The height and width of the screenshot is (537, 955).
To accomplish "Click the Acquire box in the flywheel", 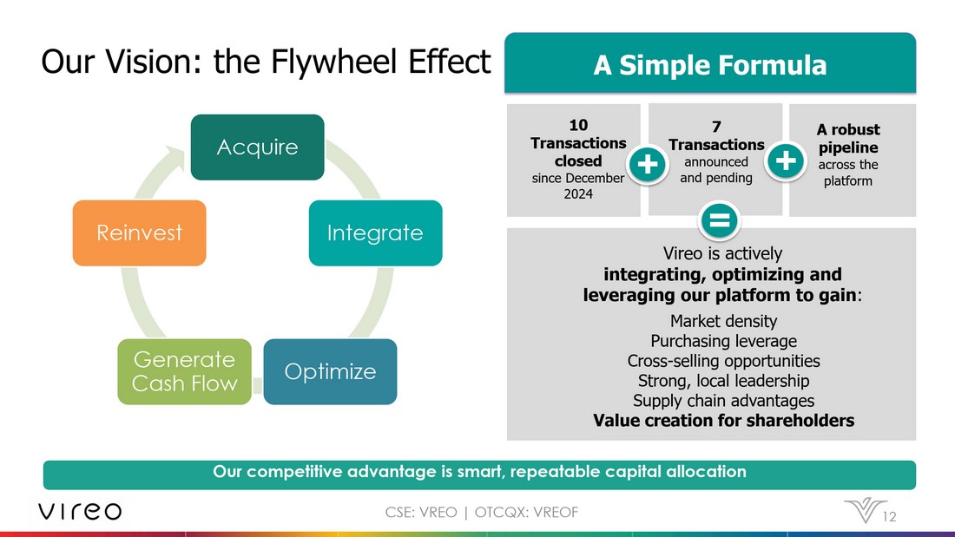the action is pyautogui.click(x=257, y=147).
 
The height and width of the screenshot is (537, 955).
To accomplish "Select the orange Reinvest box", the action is pyautogui.click(x=139, y=232).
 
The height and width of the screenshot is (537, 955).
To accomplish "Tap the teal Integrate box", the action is pyautogui.click(x=375, y=232).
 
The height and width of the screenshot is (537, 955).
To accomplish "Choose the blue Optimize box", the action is pyautogui.click(x=330, y=371).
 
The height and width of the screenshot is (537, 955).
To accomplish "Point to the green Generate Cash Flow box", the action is pyautogui.click(x=184, y=371).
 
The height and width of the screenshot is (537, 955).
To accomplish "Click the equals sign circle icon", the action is pyautogui.click(x=720, y=219).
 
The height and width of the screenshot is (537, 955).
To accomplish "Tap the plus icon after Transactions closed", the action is pyautogui.click(x=647, y=163).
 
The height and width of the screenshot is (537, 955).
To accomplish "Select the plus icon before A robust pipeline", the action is pyautogui.click(x=785, y=160).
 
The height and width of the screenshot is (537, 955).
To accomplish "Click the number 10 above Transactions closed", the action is pyautogui.click(x=578, y=125).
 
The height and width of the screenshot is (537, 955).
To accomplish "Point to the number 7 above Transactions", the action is pyautogui.click(x=716, y=127).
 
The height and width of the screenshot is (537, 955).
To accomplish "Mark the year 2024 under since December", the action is pyautogui.click(x=578, y=193).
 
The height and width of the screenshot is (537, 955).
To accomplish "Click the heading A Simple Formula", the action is pyautogui.click(x=709, y=65).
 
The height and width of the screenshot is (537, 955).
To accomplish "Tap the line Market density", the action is pyautogui.click(x=723, y=321).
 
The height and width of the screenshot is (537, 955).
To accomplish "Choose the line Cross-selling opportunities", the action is pyautogui.click(x=723, y=360).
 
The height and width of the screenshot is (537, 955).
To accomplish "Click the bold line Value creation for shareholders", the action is pyautogui.click(x=723, y=420).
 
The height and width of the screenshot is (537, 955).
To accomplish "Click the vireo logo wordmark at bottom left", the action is pyautogui.click(x=80, y=511).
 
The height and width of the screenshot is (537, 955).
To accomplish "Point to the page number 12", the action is pyautogui.click(x=889, y=517).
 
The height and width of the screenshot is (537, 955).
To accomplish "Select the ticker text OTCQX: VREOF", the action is pyautogui.click(x=526, y=512).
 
